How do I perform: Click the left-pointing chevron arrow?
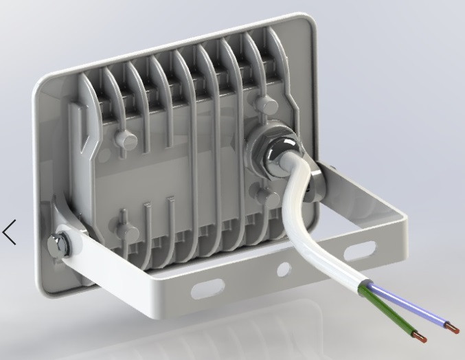coord(10,232)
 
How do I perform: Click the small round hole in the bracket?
coord(283,270)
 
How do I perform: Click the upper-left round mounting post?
coord(127,139)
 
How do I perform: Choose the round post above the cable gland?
coord(264,104)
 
